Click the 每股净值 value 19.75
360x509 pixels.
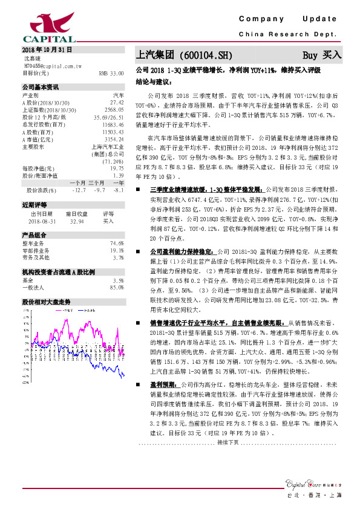pyautogui.click(x=117, y=168)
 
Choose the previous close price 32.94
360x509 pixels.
pyautogui.click(x=76, y=221)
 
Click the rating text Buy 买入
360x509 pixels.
pyautogui.click(x=322, y=54)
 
